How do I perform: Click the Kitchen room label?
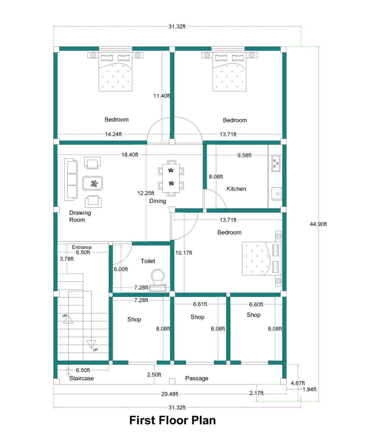tap(236, 189)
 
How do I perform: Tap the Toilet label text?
tap(148, 261)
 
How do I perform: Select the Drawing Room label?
tap(80, 216)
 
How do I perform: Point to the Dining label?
tap(157, 201)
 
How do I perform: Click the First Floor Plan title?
tap(172, 420)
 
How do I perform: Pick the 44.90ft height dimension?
tap(318, 224)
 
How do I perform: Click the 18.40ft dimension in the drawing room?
tap(130, 155)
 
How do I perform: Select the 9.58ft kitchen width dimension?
tap(244, 155)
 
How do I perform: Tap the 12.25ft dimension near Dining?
tap(146, 193)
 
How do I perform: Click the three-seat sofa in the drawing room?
tap(71, 180)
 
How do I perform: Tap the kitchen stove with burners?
tap(275, 163)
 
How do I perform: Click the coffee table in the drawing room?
tap(93, 183)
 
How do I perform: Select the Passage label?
tap(197, 378)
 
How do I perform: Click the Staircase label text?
tap(81, 378)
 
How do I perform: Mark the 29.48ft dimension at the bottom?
tap(170, 394)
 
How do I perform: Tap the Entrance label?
tap(82, 247)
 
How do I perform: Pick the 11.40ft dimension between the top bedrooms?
tap(162, 96)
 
